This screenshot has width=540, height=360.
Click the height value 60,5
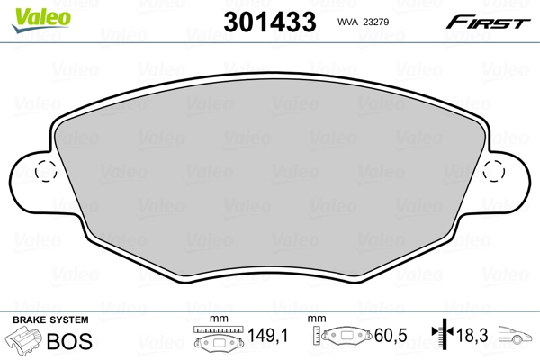click(391, 337)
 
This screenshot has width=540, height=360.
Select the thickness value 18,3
click(474, 337)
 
